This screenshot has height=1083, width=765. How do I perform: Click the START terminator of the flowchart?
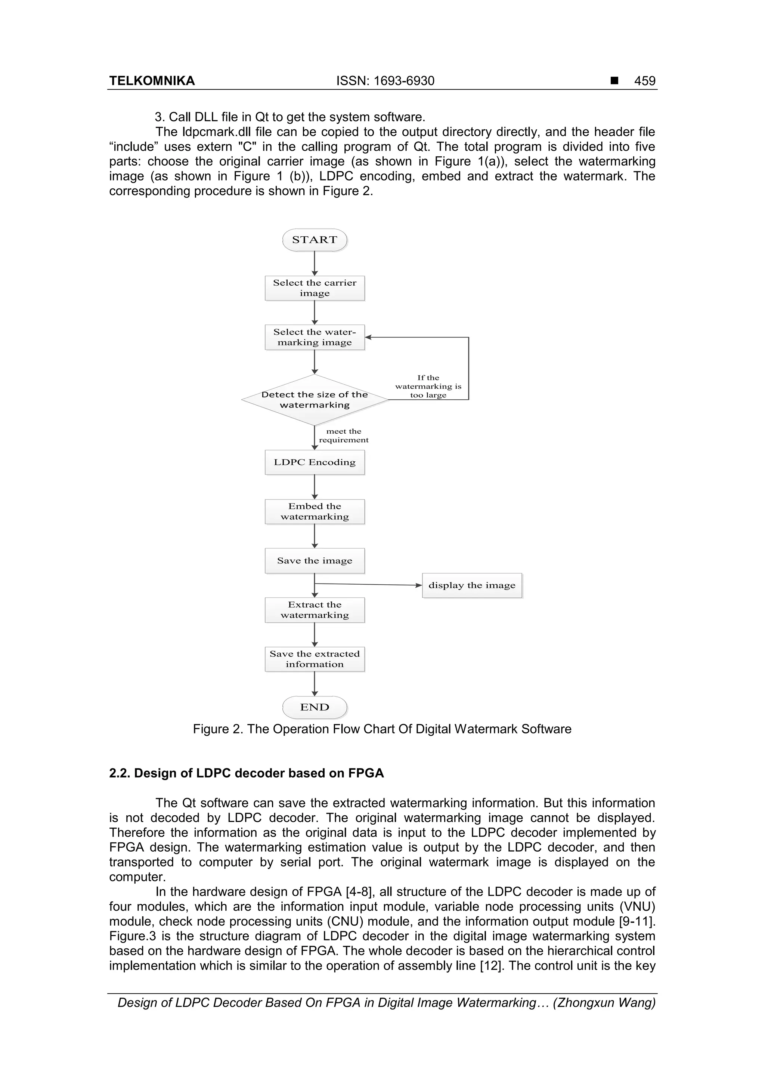point(315,240)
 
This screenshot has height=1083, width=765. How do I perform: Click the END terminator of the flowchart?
point(315,707)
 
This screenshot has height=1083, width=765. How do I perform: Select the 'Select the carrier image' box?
point(315,288)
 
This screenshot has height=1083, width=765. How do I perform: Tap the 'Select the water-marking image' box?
point(315,337)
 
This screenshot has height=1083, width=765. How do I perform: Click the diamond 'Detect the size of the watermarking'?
point(315,400)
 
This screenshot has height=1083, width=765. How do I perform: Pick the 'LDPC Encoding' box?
point(315,462)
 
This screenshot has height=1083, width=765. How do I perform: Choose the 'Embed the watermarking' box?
point(315,512)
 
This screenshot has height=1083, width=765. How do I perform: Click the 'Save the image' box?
point(315,561)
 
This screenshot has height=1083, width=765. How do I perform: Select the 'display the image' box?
point(472,585)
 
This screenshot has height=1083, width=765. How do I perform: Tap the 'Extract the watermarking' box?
point(315,610)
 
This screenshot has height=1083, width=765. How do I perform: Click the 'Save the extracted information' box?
point(315,659)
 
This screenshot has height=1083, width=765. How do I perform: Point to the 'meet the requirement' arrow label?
point(344,436)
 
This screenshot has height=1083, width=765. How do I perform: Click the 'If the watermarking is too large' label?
point(428,386)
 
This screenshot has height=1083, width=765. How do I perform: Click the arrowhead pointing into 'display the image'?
point(419,585)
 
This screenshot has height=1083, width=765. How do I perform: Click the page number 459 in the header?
point(644,81)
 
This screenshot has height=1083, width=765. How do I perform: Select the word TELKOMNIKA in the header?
point(152,81)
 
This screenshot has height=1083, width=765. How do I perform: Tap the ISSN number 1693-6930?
point(404,81)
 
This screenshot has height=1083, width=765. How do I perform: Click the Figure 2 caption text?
point(382,729)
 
